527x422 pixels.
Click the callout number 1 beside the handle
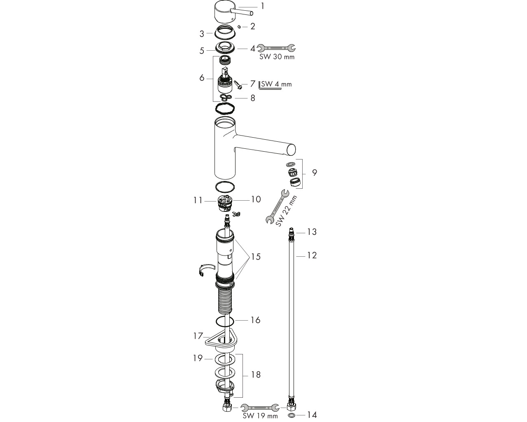click(x=263, y=6)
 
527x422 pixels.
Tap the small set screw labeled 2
click(x=239, y=27)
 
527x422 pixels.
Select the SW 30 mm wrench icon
click(x=276, y=48)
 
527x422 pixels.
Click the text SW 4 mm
click(x=276, y=84)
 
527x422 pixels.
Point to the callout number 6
click(x=202, y=78)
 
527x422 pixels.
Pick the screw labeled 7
click(x=238, y=85)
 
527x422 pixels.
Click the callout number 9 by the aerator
click(x=315, y=173)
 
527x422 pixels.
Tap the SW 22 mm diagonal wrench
click(x=277, y=206)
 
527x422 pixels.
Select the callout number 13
click(x=312, y=232)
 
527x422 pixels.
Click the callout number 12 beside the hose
click(x=312, y=255)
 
